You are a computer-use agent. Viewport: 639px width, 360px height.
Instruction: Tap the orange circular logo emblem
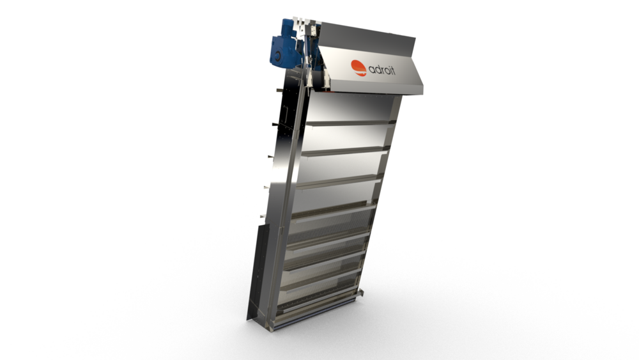pos(358,67)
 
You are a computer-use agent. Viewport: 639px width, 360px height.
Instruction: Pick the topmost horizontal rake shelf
pos(348,123)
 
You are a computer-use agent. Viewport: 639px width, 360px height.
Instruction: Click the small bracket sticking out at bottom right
pos(362,292)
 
